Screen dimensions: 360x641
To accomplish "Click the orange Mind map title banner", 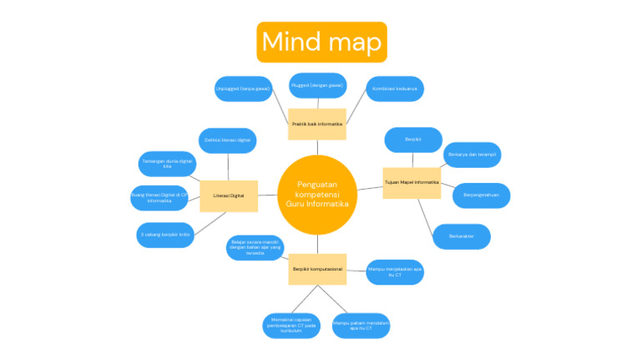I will coord(321,42).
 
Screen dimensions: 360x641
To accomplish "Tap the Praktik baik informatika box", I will coord(317,124).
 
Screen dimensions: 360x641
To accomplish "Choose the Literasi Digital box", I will coord(229,195).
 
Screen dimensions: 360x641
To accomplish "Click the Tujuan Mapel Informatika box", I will coord(411,181).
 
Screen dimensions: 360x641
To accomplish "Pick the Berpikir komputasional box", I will coord(317,269).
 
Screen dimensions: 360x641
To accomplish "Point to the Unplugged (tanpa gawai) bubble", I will coord(243,89).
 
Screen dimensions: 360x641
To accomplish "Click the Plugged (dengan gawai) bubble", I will coord(317,85).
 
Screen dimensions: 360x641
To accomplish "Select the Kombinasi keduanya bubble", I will coord(395,89).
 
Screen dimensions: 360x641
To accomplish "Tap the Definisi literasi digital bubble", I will coord(227,140).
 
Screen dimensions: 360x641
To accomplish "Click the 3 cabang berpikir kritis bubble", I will coord(165,235).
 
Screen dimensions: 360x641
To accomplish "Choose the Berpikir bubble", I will coord(412,139).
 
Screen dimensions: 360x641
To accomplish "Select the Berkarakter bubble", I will coord(461,236).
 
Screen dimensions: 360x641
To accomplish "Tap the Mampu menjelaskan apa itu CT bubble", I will coord(395,271).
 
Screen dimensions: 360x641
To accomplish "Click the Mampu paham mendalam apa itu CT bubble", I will coord(361,324).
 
